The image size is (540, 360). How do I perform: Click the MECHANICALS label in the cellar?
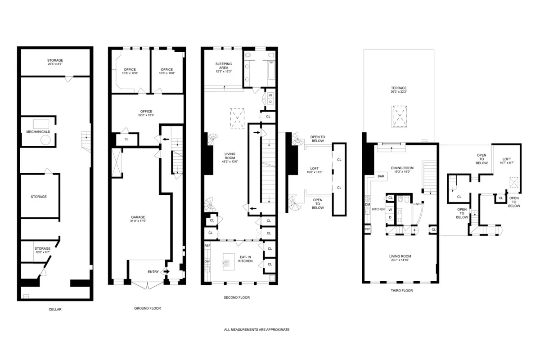click(38, 131)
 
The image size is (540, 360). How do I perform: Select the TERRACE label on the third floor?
click(399, 88)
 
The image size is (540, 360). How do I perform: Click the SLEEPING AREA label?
click(224, 67)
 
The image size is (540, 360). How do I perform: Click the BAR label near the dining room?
click(381, 176)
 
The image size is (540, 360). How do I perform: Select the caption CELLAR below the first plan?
click(55, 309)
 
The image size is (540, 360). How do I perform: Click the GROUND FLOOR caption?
click(147, 308)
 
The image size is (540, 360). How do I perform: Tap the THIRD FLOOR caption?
click(402, 291)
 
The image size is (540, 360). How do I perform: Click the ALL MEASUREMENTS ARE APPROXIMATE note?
click(256, 329)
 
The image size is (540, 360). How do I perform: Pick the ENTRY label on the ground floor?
click(153, 271)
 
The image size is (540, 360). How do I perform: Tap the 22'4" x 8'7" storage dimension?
click(55, 64)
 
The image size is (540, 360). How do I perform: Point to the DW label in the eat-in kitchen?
click(207, 261)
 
